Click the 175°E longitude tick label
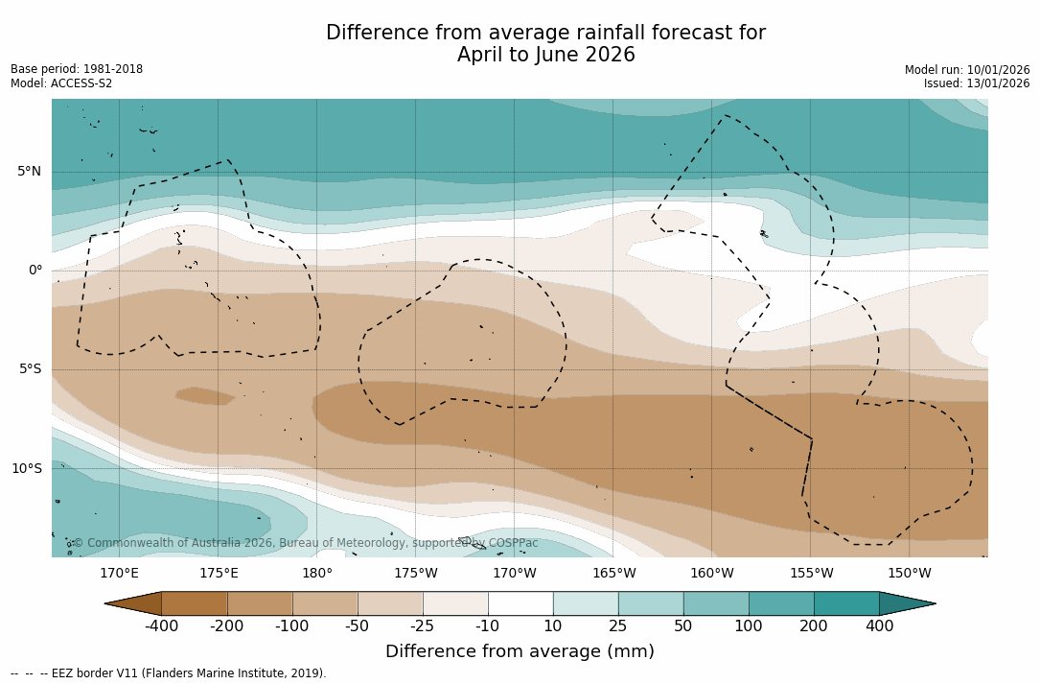click(219, 574)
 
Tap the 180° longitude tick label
click(317, 574)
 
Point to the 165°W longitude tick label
click(613, 574)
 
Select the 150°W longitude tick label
click(910, 574)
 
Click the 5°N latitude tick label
click(30, 172)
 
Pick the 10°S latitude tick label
click(27, 468)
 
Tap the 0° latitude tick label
click(35, 271)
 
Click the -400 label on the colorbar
click(162, 626)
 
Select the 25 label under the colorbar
click(618, 626)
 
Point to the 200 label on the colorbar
click(814, 626)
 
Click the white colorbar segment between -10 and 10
click(520, 603)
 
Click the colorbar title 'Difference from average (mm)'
click(520, 651)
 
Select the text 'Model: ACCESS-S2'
click(61, 83)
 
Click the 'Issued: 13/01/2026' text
click(977, 83)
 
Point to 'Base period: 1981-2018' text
click(77, 69)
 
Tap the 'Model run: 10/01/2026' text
click(967, 70)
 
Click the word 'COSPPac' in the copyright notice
click(513, 543)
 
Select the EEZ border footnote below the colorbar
click(169, 673)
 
